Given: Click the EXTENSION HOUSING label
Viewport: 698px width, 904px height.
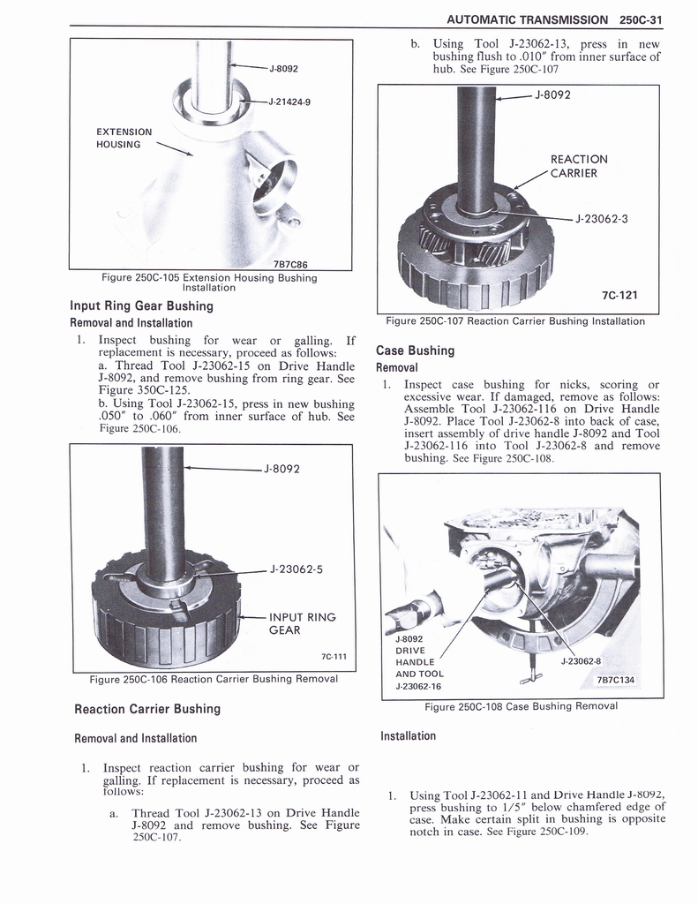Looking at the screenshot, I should tap(124, 138).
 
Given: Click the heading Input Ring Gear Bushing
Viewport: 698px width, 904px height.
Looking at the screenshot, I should tap(141, 306).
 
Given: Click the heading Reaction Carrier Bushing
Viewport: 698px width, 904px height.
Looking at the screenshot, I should tap(147, 709).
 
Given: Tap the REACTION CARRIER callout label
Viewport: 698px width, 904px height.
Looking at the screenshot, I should tap(579, 166).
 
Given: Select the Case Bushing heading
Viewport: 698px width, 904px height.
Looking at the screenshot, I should tap(415, 350).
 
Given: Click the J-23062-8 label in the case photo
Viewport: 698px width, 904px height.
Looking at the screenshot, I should tap(581, 660).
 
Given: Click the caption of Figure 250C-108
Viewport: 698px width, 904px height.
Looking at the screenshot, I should tap(521, 706).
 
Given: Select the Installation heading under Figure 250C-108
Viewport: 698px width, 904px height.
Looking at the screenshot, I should tap(408, 735).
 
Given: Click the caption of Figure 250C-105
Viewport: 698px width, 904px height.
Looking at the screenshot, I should tap(209, 282).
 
